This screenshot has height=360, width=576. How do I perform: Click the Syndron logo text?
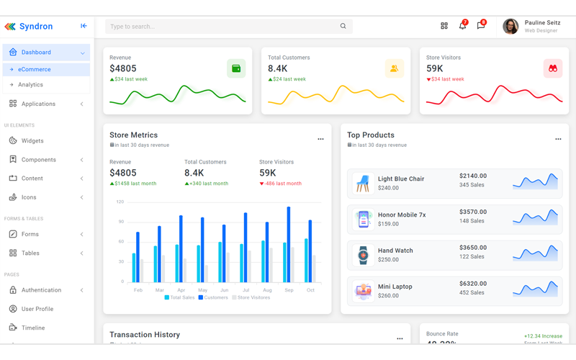tap(36, 27)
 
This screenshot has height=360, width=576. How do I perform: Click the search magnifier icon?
tap(343, 27)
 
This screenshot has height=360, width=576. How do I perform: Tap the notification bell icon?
tap(462, 26)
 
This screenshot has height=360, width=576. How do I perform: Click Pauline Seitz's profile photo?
tap(510, 27)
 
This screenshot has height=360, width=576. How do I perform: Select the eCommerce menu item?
tap(35, 70)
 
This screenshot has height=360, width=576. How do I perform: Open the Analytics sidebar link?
tap(30, 85)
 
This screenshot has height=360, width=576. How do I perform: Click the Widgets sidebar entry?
tap(32, 141)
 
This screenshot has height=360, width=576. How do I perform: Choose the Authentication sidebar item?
tap(41, 290)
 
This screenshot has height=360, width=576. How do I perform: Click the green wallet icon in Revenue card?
tap(235, 68)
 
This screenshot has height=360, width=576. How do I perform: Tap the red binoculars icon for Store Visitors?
tap(552, 68)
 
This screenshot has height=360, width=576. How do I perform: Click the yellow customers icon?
tap(394, 68)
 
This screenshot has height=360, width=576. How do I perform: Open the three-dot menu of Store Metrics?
tap(320, 139)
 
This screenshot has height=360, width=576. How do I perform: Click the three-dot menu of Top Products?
tap(558, 139)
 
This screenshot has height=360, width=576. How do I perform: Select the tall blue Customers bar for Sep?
tap(289, 245)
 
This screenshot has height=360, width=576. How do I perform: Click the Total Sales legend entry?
tap(179, 297)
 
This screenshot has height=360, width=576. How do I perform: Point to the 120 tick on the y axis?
tap(120, 202)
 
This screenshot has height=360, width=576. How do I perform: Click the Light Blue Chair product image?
tap(363, 184)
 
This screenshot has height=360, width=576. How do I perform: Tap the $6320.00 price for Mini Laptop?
tap(473, 284)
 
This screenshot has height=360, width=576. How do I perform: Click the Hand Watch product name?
tap(395, 251)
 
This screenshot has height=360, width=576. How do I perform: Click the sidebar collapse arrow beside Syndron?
tap(84, 27)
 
